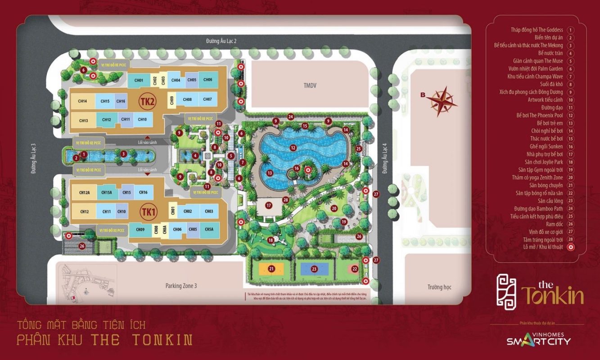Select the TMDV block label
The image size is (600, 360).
pos(310,85)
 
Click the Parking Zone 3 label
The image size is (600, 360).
pos(181,286)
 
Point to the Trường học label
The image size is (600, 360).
pos(439,287)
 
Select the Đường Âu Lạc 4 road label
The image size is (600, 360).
pos(384,158)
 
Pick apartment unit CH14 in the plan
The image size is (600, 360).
pos(82,101)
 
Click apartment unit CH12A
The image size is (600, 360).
pos(85,193)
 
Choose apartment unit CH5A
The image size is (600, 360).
pos(209,229)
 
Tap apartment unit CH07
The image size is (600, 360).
pos(207,99)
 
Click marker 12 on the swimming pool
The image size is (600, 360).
pos(293,147)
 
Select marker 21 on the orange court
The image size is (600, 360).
pos(271,269)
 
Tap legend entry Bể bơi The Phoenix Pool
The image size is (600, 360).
pos(540,115)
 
